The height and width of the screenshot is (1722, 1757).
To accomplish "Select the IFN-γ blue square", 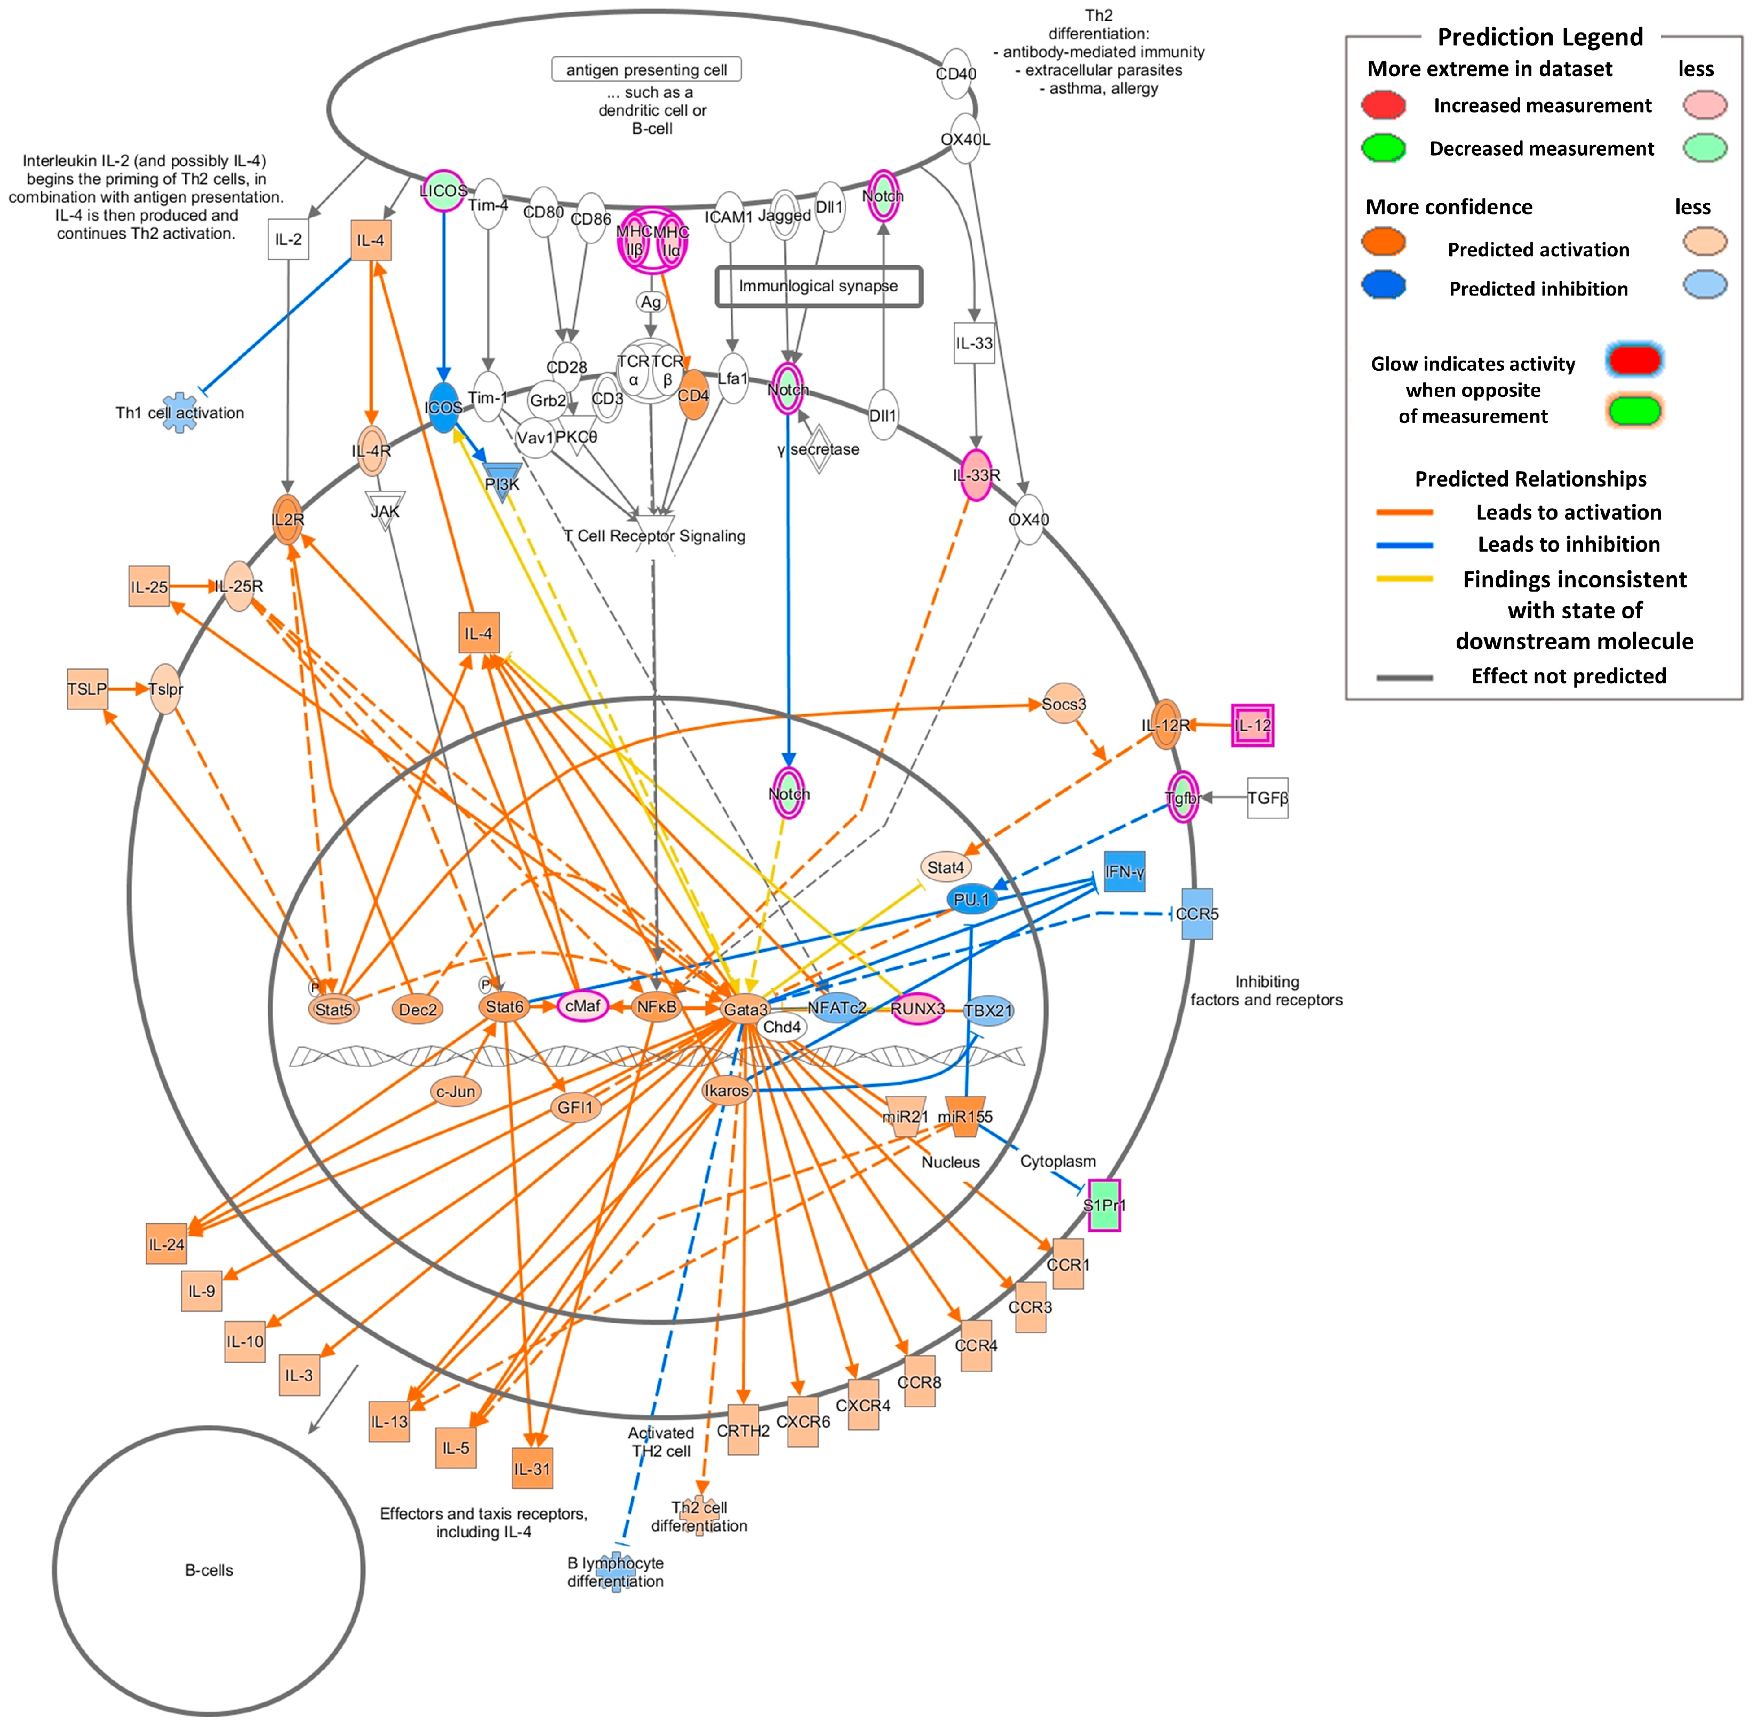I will click(x=1124, y=872).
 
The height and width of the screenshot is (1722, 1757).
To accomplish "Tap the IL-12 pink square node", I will click(x=1252, y=726).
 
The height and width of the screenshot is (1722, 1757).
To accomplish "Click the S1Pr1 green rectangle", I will click(x=1104, y=1205).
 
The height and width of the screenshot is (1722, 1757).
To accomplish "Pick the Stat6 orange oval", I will click(x=505, y=1007).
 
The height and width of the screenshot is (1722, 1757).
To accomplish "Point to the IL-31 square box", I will click(x=532, y=1469).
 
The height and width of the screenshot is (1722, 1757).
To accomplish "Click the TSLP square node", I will click(x=87, y=689).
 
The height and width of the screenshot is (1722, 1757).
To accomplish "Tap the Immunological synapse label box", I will click(x=818, y=286).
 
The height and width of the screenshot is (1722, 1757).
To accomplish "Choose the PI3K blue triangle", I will click(x=502, y=481).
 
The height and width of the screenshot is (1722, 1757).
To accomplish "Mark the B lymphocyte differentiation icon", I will click(x=616, y=1573).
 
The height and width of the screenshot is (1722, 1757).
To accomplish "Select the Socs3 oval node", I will click(x=1064, y=705).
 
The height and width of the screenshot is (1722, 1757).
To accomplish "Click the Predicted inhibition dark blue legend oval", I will click(x=1383, y=286).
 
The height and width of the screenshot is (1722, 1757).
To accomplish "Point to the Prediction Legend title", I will click(x=1540, y=37).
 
